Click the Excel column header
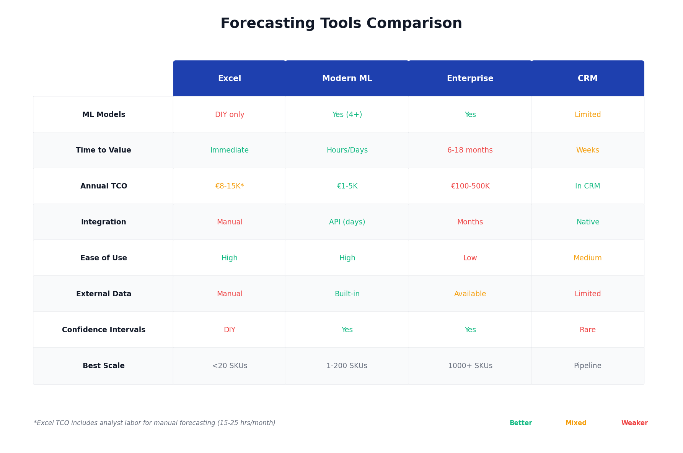(229, 78)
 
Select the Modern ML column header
(347, 78)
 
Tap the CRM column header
(588, 78)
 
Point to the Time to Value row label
(103, 150)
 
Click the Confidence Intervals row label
(104, 330)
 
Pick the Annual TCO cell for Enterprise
(470, 186)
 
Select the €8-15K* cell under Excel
(230, 186)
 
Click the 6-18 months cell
(470, 150)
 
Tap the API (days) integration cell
(347, 222)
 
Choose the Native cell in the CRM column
(588, 222)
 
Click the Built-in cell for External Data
(347, 294)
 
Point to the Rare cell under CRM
(588, 330)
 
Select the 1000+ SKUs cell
(470, 366)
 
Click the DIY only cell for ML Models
(230, 115)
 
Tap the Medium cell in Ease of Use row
(588, 258)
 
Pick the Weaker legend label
(634, 423)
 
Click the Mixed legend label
(576, 423)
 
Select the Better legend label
(521, 423)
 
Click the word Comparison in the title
(414, 24)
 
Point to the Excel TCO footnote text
(155, 423)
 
